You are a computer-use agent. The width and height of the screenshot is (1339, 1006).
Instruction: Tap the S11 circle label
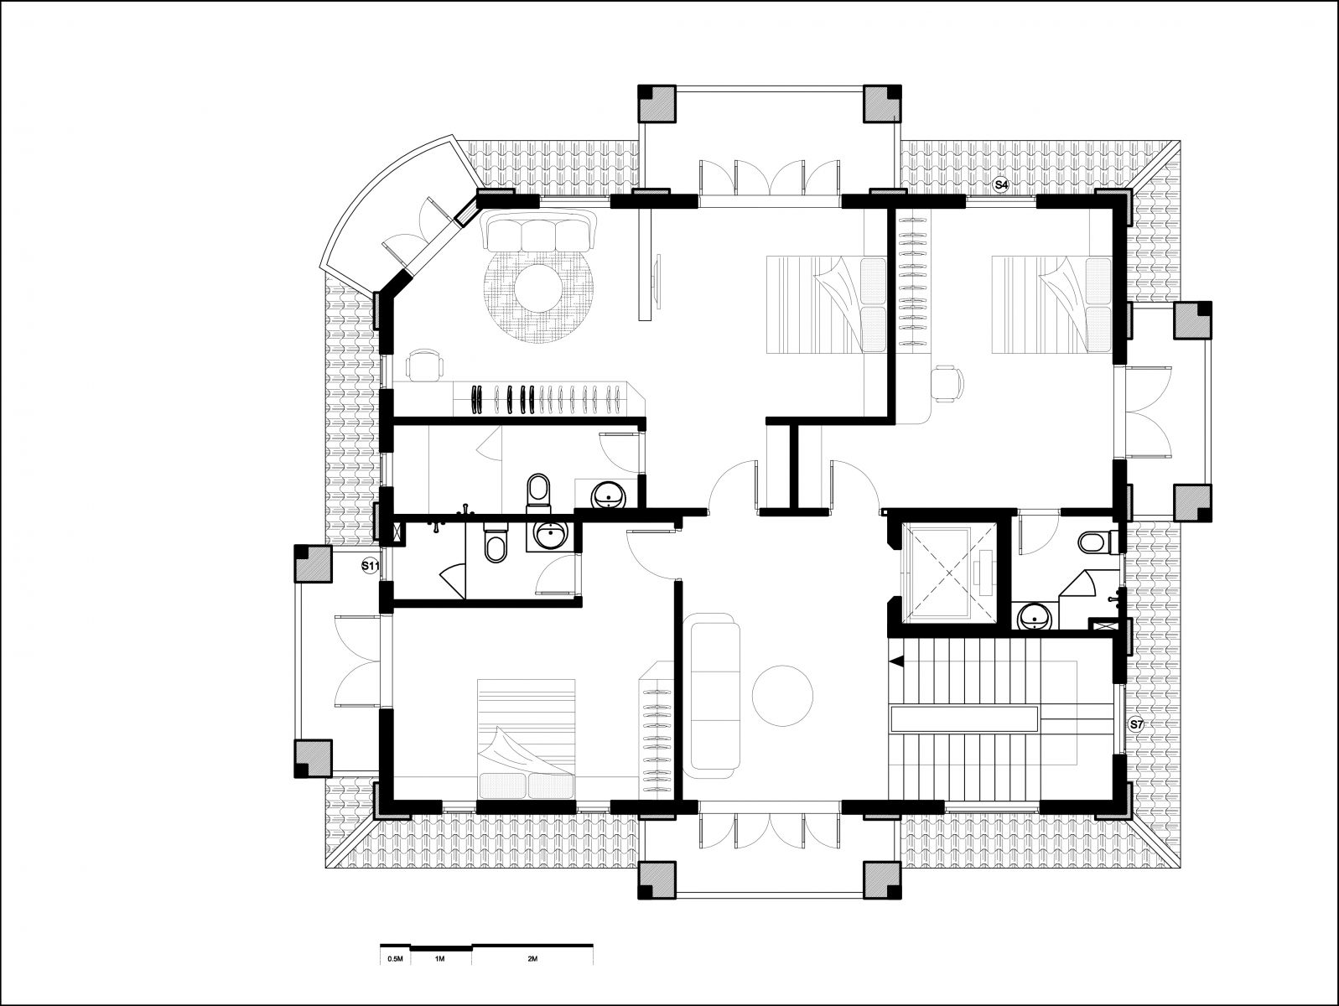coord(370,566)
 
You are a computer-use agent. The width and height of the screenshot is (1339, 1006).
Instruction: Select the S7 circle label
coord(1136,724)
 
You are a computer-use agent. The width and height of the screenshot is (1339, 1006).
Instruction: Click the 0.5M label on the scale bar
coord(395,959)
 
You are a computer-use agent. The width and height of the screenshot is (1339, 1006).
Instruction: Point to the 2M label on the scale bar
coord(532,959)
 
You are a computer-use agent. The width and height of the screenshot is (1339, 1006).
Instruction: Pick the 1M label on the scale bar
coord(439,959)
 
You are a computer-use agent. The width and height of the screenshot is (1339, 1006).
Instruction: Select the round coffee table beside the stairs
coord(782,695)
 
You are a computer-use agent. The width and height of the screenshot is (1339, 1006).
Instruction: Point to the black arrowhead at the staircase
coord(896,661)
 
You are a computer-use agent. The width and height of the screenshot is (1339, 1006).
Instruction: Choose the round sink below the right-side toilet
coord(1035,616)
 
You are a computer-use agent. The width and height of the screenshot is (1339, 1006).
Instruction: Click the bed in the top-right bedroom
coord(1051,304)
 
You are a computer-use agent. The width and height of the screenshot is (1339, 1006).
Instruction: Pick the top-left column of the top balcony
coord(657,104)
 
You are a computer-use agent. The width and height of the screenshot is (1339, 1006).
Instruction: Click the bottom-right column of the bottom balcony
coord(882,880)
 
